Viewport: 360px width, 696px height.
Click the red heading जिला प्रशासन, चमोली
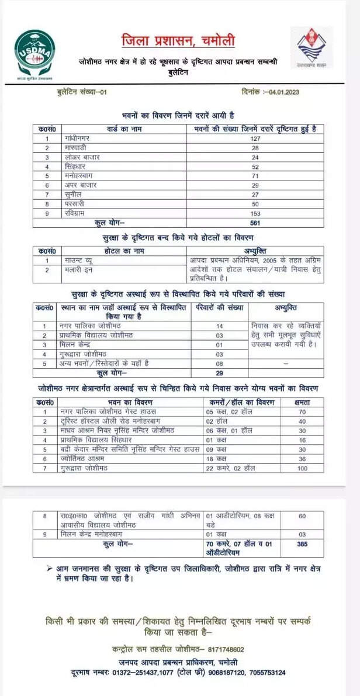(178, 41)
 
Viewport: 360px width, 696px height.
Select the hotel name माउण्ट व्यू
(78, 260)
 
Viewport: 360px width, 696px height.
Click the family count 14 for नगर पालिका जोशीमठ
(220, 326)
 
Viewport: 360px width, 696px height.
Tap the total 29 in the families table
(220, 372)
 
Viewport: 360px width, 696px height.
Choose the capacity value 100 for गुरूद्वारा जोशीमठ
(302, 468)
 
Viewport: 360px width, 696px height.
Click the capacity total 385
(302, 544)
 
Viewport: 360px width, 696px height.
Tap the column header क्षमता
(302, 403)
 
